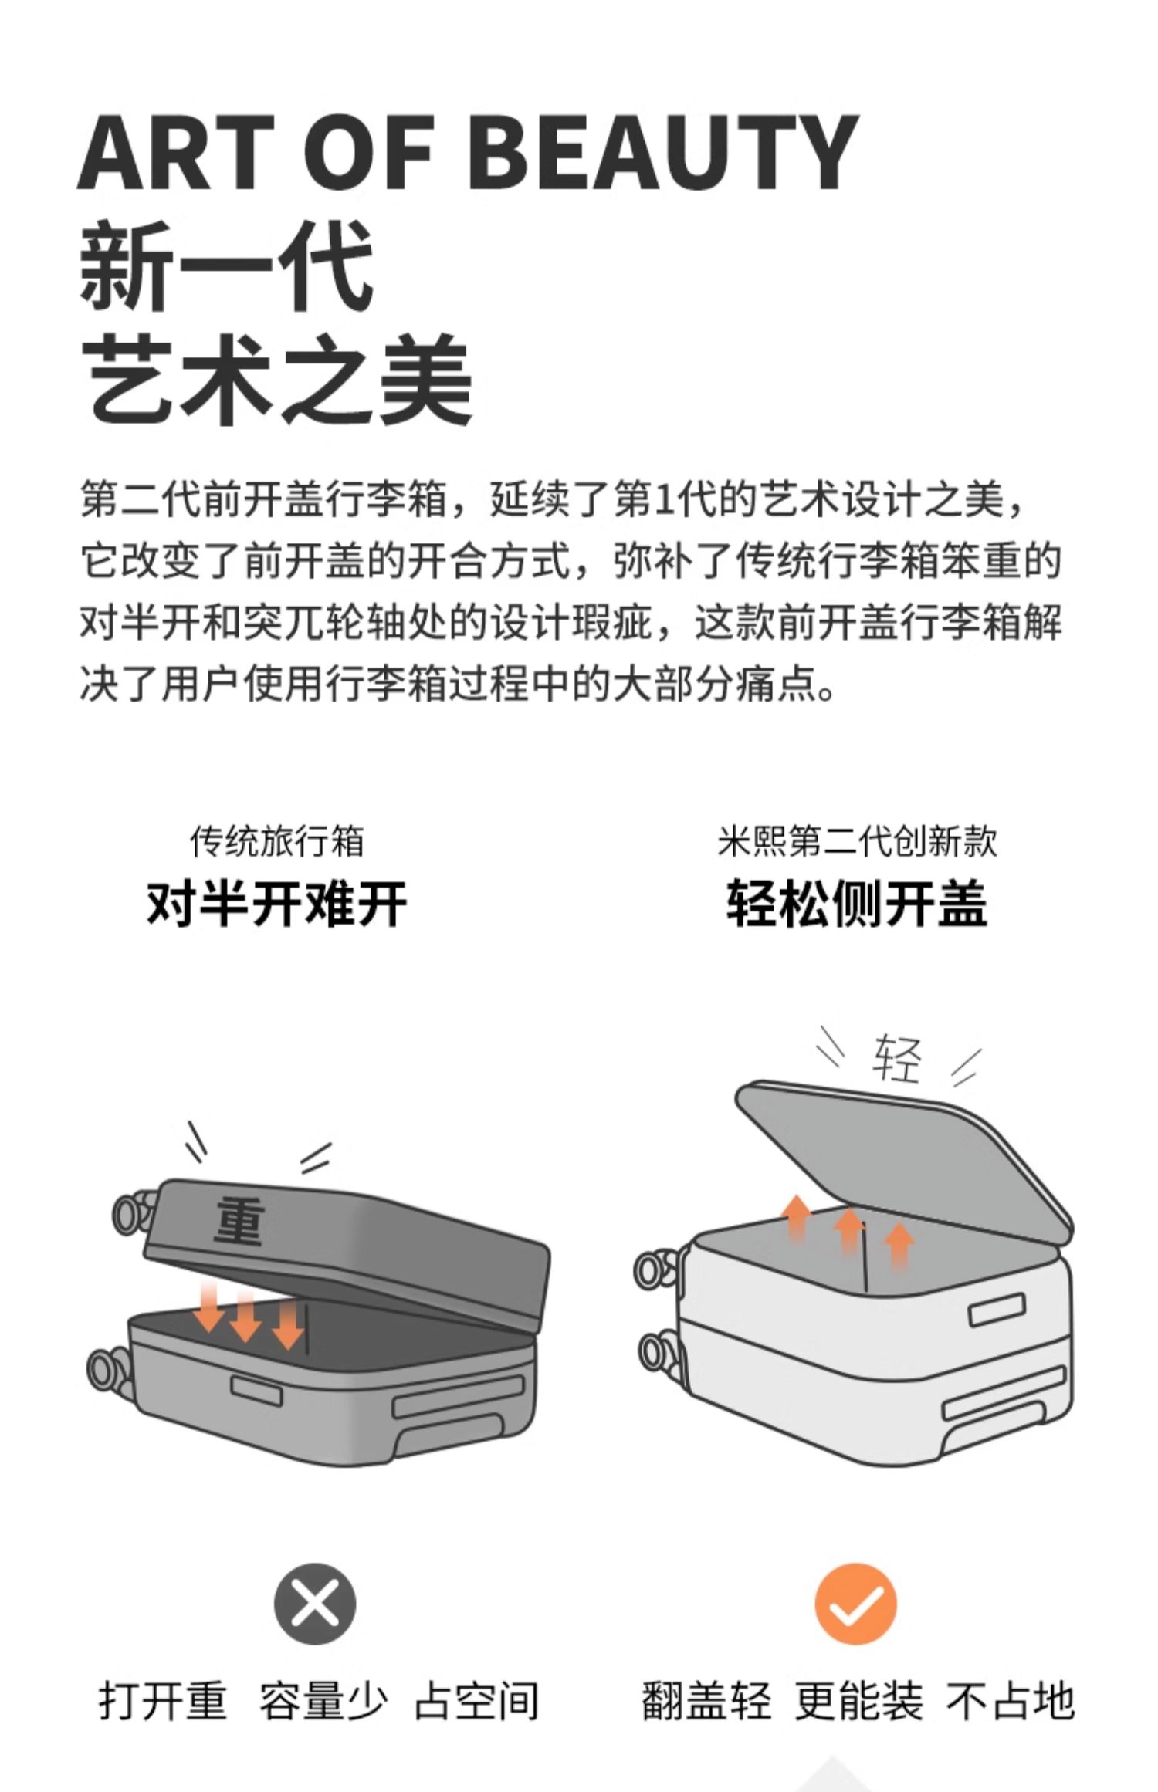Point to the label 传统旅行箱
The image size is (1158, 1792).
point(277,840)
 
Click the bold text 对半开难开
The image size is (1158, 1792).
point(277,903)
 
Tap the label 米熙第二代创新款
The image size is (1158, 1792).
point(857,840)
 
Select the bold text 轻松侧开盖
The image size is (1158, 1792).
point(857,903)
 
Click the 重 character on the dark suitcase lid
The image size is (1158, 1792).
point(239,1221)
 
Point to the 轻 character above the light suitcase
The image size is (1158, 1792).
point(897,1059)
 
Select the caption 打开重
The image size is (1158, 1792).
point(163,1701)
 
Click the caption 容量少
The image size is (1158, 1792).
point(323,1701)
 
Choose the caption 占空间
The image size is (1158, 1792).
point(476,1701)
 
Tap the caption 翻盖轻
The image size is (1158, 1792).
point(706,1701)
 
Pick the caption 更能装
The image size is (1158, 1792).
point(858,1701)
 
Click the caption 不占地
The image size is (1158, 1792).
point(1010,1701)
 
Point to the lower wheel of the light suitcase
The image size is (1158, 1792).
point(659,1352)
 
